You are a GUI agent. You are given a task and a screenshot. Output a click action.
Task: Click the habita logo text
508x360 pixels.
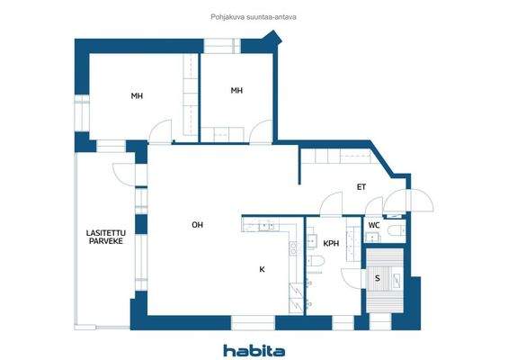254,349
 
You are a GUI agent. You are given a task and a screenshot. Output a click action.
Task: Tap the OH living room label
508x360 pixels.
196,224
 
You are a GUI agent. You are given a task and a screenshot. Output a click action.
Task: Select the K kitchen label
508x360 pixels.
262,269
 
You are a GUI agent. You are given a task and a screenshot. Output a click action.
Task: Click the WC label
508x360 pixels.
374,225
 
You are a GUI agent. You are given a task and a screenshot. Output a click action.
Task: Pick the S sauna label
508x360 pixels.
378,278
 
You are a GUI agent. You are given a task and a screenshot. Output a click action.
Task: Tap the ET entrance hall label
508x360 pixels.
361,187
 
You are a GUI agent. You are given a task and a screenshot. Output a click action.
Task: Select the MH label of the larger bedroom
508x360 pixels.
137,96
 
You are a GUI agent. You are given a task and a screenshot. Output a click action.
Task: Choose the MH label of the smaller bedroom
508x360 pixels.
236,90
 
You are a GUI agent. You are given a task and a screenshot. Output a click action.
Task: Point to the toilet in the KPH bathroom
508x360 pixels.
316,261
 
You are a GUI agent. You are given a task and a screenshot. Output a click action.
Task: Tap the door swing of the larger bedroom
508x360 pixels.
159,132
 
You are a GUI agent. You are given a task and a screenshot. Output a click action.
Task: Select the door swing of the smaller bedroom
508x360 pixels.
258,132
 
